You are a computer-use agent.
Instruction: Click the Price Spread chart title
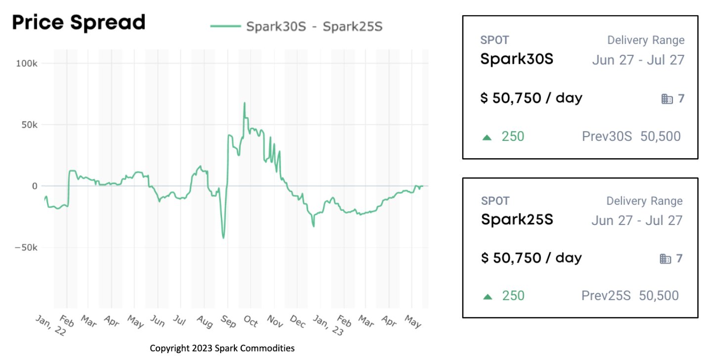(x=79, y=23)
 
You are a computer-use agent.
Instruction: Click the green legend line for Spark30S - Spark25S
(x=225, y=26)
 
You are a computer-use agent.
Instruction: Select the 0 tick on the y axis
(x=35, y=186)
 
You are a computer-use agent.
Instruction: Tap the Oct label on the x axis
(x=250, y=321)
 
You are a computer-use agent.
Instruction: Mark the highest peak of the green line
(x=244, y=103)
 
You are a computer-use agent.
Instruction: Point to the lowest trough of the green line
(x=223, y=238)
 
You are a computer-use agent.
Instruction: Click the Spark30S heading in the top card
(x=517, y=59)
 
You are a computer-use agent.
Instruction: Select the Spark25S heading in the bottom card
(x=517, y=219)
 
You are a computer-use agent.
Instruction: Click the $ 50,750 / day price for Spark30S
(x=531, y=98)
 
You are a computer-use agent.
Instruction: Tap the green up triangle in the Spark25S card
(x=488, y=297)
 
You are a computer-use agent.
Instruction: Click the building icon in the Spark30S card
(x=667, y=99)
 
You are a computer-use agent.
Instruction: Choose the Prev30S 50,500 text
(x=631, y=136)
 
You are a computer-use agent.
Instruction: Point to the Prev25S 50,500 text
(x=629, y=296)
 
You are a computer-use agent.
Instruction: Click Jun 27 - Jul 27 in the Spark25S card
(x=637, y=220)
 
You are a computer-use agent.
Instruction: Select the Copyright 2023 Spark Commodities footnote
(x=222, y=349)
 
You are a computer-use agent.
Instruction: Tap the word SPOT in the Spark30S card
(x=494, y=40)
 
